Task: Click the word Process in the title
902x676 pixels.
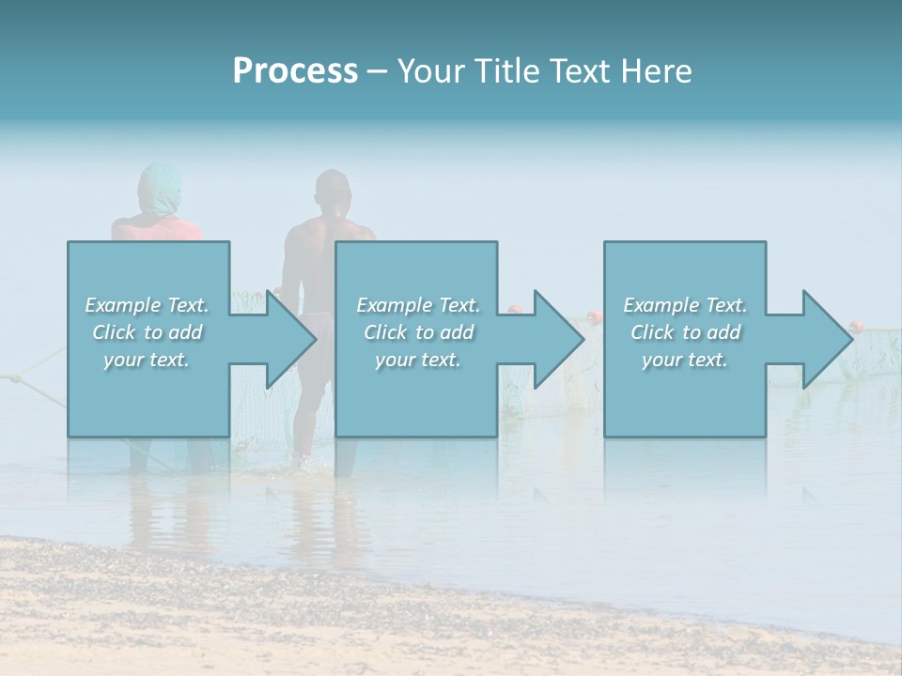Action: [295, 71]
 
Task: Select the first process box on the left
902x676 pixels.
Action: [148, 394]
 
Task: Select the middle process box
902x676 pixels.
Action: [416, 394]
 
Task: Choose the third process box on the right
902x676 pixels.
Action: [685, 394]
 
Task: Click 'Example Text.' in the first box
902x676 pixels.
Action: [147, 305]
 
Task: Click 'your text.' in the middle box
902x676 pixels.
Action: [417, 360]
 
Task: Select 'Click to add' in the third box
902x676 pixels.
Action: [685, 332]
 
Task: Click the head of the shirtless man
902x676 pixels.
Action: [332, 192]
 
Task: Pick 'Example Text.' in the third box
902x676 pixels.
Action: [685, 305]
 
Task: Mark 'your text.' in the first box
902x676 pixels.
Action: [147, 360]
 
